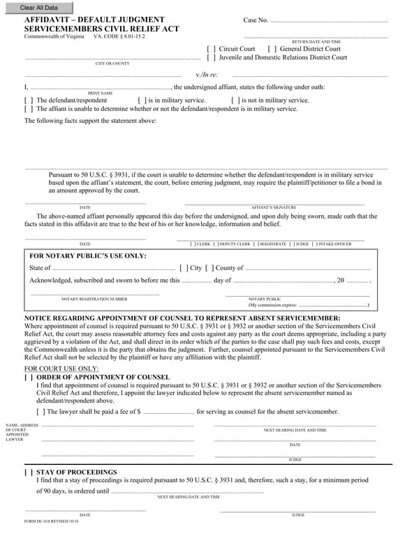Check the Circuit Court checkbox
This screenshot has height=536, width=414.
pos(212,49)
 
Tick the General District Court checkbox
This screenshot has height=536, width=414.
pos(272,49)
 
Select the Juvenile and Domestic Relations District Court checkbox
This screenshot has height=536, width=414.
pos(212,58)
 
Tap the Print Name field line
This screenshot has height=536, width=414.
pos(101,88)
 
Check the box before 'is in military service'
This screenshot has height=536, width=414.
pos(142,100)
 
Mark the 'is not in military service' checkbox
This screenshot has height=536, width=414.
pos(235,100)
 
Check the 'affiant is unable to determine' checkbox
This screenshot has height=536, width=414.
pos(29,109)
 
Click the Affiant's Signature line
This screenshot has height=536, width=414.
pos(274,203)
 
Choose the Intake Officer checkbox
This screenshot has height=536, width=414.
pos(316,244)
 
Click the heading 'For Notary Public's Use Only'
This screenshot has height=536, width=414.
pos(87,256)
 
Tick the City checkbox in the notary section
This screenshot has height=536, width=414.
pos(184,268)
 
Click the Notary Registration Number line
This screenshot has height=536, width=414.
pos(94,294)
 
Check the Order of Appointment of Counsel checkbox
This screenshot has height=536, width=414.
pos(29,378)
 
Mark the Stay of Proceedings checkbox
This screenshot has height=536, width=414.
pos(29,472)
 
